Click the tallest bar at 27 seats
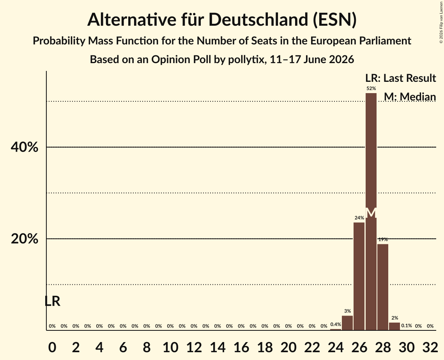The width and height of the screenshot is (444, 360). [x=371, y=212]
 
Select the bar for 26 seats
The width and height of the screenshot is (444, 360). [x=359, y=276]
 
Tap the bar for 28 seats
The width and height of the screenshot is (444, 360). [x=383, y=287]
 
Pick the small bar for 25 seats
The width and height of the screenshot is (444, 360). [x=347, y=323]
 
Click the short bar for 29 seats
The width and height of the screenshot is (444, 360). [x=394, y=326]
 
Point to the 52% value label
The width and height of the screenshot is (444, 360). [x=371, y=88]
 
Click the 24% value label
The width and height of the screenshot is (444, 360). [x=359, y=218]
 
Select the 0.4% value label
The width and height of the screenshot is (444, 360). [x=336, y=324]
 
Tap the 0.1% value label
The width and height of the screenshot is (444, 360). [x=406, y=326]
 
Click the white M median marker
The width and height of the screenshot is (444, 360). [x=371, y=213]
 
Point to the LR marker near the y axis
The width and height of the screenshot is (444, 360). [x=53, y=302]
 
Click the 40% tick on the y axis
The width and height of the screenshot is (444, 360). [x=24, y=147]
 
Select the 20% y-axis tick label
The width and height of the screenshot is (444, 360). [x=24, y=239]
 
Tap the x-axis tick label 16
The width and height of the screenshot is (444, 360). [x=241, y=347]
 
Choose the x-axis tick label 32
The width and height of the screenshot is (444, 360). [x=430, y=347]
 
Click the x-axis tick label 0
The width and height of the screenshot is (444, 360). [x=52, y=347]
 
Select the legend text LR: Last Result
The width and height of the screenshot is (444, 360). [x=400, y=78]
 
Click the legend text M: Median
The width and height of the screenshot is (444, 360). [x=410, y=97]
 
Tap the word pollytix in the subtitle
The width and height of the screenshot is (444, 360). [x=246, y=60]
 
